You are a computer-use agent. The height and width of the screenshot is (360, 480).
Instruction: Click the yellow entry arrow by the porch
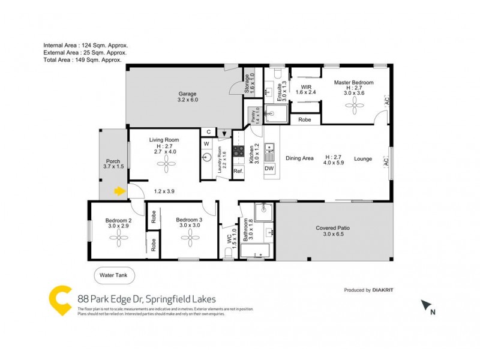120,191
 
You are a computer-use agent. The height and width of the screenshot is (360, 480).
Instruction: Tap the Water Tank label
114,275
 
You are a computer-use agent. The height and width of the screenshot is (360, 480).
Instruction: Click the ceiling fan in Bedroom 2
117,238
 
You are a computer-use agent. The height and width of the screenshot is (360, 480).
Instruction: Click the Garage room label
187,97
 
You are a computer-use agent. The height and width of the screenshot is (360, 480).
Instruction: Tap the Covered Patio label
334,232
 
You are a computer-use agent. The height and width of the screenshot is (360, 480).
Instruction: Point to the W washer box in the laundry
206,143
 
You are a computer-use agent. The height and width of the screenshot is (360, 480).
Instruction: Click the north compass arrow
427,306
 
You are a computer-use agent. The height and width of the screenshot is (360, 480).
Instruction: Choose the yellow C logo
60,300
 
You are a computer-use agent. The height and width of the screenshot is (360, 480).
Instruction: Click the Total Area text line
83,59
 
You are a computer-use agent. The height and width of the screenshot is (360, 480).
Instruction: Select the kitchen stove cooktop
238,152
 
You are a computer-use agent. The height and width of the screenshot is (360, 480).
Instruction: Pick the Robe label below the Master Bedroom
305,119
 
